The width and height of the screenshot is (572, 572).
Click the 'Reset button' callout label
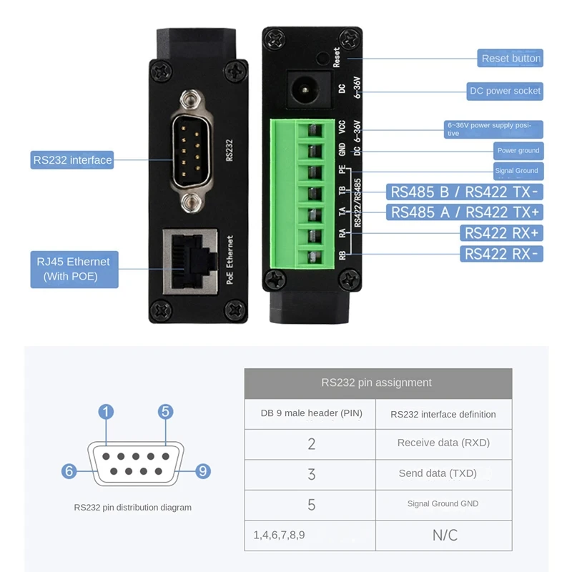(x=511, y=59)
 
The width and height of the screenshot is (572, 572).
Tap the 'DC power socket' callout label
(x=505, y=91)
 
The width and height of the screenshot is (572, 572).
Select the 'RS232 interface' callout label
(x=72, y=160)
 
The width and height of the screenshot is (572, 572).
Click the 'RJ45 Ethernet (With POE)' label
(x=74, y=269)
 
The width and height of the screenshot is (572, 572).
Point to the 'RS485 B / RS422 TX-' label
(x=465, y=192)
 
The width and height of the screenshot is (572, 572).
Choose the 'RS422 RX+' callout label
(x=502, y=233)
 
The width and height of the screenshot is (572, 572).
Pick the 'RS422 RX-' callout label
(x=502, y=254)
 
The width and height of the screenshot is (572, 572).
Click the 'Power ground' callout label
(x=518, y=151)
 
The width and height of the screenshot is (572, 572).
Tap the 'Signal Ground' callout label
(x=517, y=171)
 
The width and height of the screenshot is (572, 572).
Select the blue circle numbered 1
(x=106, y=411)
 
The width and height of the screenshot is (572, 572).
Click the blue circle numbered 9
(x=203, y=470)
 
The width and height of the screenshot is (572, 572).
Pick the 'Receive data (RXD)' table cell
(x=443, y=443)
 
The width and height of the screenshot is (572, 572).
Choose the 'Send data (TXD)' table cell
(x=443, y=473)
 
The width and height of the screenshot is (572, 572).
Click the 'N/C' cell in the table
(x=444, y=535)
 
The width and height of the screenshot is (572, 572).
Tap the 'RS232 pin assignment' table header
(x=378, y=383)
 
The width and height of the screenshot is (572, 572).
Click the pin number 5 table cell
(x=311, y=505)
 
